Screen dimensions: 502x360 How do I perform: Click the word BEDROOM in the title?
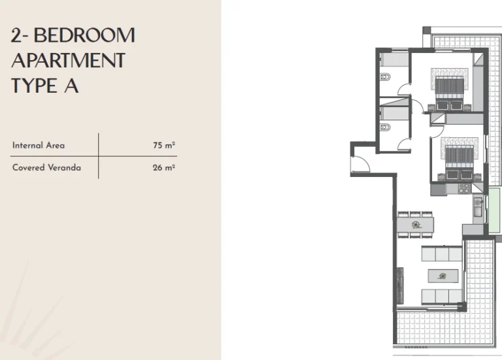point(84,35)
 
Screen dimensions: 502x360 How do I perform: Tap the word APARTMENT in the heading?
point(68,61)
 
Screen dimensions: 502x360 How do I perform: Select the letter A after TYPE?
point(71,86)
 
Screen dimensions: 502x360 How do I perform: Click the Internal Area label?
point(39,145)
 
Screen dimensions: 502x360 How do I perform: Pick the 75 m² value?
point(164,145)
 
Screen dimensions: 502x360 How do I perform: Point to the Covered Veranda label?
point(46,167)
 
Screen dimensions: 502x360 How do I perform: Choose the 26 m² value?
point(164,167)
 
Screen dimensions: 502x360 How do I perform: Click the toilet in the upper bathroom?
point(385,77)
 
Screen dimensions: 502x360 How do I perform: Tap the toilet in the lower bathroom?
point(385,127)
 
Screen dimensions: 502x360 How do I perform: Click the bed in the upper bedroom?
point(450,90)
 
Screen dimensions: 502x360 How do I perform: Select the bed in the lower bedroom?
point(460,158)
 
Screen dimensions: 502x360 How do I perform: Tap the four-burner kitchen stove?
point(463,188)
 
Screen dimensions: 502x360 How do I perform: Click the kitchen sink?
point(478,206)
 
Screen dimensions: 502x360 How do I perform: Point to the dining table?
point(416,225)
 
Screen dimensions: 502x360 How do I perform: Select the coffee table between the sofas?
point(443,276)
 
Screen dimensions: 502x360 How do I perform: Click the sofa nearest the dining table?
point(442,254)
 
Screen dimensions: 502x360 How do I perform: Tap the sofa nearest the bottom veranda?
point(442,297)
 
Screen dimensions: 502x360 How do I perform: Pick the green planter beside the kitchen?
point(495,210)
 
